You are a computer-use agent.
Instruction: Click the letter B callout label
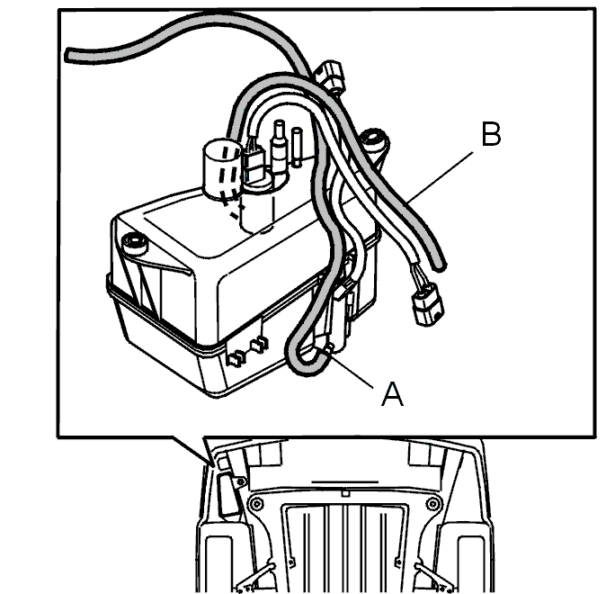coord(491,134)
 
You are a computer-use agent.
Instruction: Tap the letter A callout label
coord(392,394)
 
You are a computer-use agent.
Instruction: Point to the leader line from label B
coord(441,177)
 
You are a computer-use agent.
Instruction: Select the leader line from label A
coord(350,368)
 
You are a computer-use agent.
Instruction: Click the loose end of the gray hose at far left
coord(69,54)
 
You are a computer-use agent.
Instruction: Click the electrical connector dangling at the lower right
coord(427,304)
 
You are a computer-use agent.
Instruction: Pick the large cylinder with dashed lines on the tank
coord(221,168)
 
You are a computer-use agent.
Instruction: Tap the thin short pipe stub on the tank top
coord(297,147)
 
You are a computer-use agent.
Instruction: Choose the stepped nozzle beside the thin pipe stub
coord(279,147)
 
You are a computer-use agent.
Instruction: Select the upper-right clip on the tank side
coord(259,345)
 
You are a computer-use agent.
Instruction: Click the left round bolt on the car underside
coord(256,504)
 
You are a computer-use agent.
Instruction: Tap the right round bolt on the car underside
coord(432,504)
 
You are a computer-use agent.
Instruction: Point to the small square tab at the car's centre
coord(345,493)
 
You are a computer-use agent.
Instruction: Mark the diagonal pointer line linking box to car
coord(192,451)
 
